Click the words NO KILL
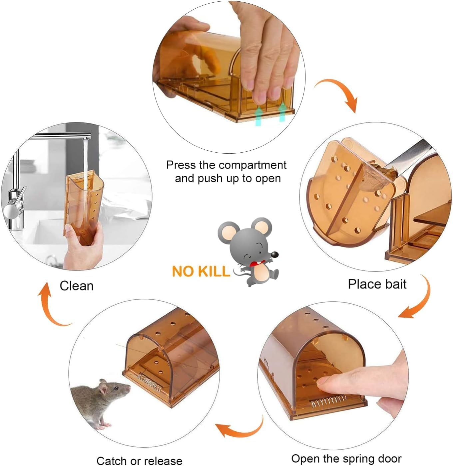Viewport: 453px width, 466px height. tap(201, 271)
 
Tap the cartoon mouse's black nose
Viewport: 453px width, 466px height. tap(274, 255)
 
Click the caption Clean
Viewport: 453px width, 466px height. tap(77, 286)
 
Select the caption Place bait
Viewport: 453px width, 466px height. tap(377, 284)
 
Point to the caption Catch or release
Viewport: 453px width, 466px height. tap(139, 461)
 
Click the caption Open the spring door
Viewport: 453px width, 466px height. tap(346, 459)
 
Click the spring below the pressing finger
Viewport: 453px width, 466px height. tap(328, 401)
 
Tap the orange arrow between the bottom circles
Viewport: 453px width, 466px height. tap(240, 429)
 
